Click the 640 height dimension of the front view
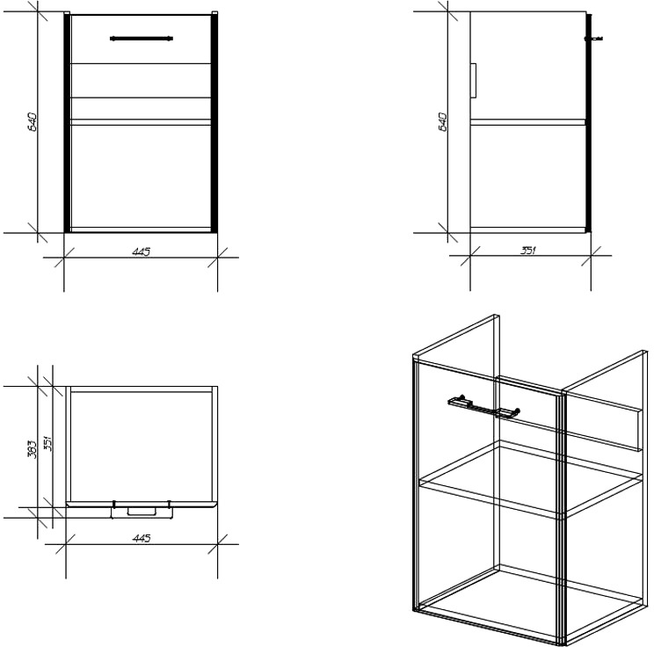(x=33, y=122)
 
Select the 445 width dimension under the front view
(x=141, y=252)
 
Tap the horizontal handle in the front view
(x=142, y=39)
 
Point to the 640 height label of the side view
(x=443, y=122)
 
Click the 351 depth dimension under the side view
(x=528, y=251)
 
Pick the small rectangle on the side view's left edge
(x=474, y=81)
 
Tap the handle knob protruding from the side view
(x=594, y=39)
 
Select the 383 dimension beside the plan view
(x=33, y=449)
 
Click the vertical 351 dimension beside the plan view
(x=47, y=443)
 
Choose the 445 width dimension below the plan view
(x=141, y=539)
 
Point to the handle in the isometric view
(x=483, y=406)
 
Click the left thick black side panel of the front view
(x=67, y=123)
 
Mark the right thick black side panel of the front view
(x=214, y=123)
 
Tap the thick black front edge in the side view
(x=589, y=123)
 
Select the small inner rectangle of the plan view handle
(x=142, y=511)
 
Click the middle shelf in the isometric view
(x=531, y=480)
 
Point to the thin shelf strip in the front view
(x=141, y=122)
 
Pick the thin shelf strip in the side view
(x=528, y=122)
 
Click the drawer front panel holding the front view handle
(x=141, y=40)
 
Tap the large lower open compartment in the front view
(x=141, y=177)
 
